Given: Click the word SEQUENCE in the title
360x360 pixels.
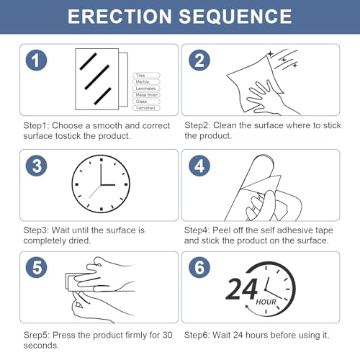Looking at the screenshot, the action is coord(235,17).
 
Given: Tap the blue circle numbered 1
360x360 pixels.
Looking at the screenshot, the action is coord(36,60).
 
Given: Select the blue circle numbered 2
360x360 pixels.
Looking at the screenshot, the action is coord(199,60).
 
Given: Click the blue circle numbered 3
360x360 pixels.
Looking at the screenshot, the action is coord(36,166).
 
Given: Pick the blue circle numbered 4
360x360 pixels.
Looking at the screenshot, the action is coord(199,166).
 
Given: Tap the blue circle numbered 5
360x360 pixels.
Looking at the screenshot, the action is coord(36,267).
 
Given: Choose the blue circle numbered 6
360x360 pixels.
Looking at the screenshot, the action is coord(199,267).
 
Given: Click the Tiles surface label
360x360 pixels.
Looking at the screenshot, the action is coord(146,76).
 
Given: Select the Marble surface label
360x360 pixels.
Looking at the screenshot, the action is coord(146,82).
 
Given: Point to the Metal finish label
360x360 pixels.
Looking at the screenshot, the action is coord(146,95).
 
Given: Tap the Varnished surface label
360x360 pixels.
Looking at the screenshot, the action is coord(146,108).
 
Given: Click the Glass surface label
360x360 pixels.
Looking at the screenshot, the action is coord(146,102).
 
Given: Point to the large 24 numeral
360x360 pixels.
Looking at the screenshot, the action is coord(242,289).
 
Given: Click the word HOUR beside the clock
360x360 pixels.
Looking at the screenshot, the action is coord(266,302).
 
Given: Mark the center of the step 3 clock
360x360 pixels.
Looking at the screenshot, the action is coord(101,184).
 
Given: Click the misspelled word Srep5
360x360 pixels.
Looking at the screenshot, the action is coord(37,336).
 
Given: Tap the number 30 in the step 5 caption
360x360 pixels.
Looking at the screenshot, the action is coord(167,335).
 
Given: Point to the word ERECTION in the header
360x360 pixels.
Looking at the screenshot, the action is coord(120,17).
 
